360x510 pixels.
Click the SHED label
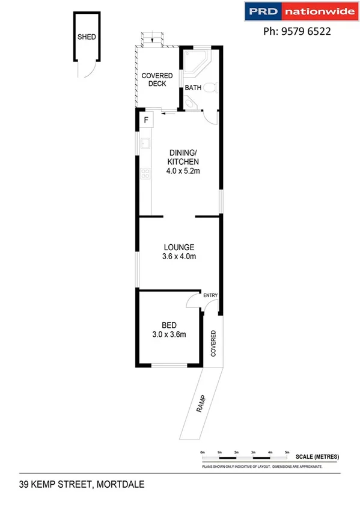coord(87,37)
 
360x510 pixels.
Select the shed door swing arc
coord(88,70)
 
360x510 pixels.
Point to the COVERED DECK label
coord(157,79)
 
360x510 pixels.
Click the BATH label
coord(192,88)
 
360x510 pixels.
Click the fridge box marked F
coord(145,121)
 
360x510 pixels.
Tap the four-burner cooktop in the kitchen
coord(144,174)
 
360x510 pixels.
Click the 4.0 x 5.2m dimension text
coord(183,171)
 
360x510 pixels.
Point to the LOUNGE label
coord(180,247)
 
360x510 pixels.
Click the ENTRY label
coord(210,295)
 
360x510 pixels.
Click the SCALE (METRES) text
coord(317,457)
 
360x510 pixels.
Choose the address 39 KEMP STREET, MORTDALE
coord(82,484)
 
